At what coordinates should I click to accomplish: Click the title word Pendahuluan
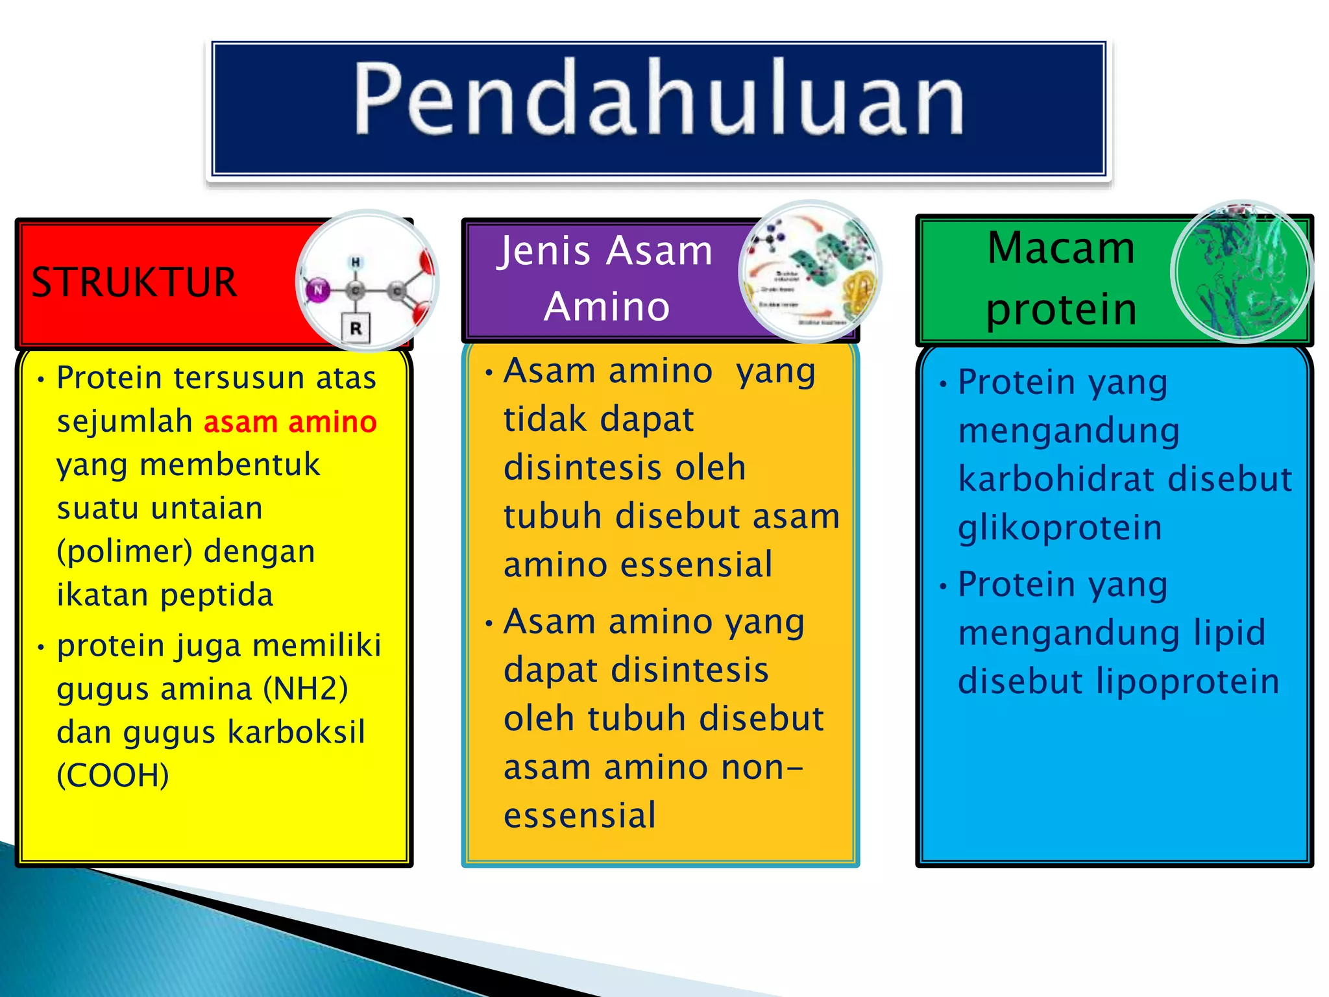[659, 99]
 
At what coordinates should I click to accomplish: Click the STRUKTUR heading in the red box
[134, 283]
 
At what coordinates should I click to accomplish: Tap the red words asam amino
[290, 423]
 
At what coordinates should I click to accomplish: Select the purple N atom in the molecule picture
[318, 290]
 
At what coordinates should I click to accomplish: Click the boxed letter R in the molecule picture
[356, 328]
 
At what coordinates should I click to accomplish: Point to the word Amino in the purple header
[607, 306]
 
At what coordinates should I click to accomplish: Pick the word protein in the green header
[1061, 310]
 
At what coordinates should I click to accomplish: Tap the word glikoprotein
[1060, 527]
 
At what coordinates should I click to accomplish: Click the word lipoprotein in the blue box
[1188, 682]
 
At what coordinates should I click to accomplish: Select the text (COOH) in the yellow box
[113, 775]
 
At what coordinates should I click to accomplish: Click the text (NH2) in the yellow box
[306, 689]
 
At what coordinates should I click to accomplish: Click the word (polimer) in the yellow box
[125, 552]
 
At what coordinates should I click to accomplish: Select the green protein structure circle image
[1241, 272]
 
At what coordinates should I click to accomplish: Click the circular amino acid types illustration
[809, 272]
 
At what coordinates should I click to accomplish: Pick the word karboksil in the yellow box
[297, 732]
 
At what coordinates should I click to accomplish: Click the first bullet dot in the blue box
[944, 384]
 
